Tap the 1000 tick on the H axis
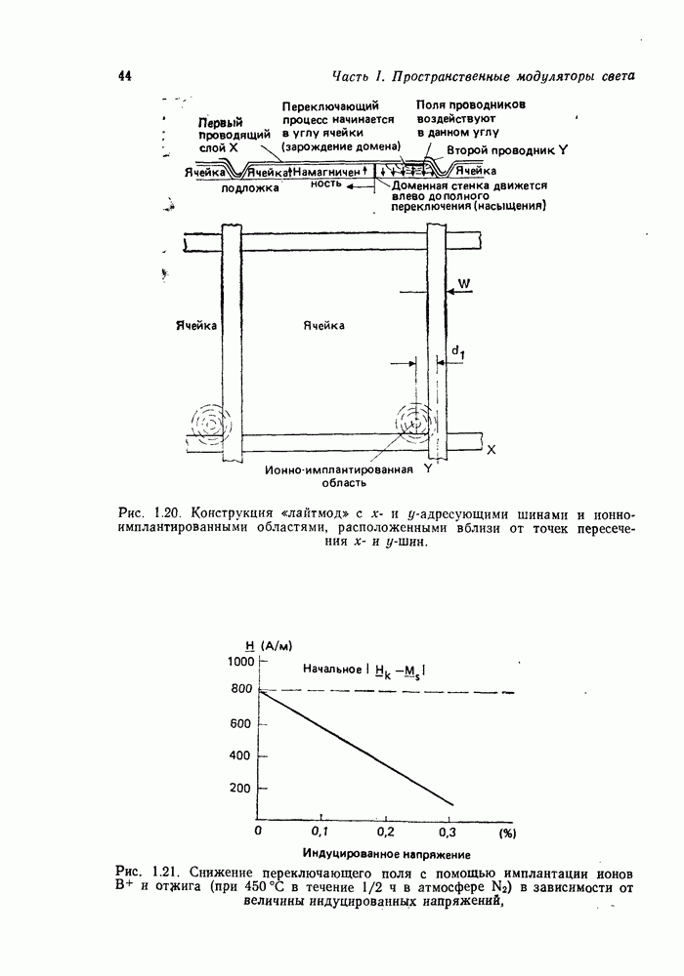pyautogui.click(x=240, y=661)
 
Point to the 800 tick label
pyautogui.click(x=241, y=690)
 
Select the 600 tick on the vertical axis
pyautogui.click(x=241, y=723)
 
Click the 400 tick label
pyautogui.click(x=241, y=755)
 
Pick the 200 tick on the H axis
pyautogui.click(x=241, y=788)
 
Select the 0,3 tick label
pyautogui.click(x=449, y=832)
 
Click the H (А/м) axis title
pyautogui.click(x=271, y=644)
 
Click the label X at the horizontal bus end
pyautogui.click(x=491, y=450)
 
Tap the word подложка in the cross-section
pyautogui.click(x=250, y=189)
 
